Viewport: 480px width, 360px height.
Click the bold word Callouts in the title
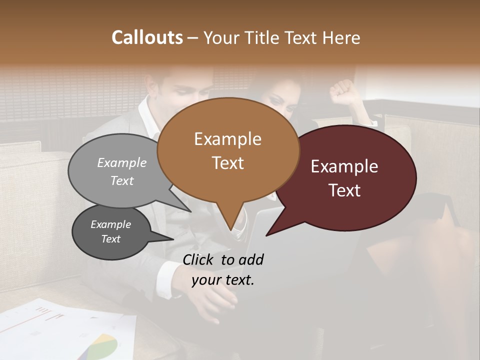(147, 37)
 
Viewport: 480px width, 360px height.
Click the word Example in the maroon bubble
(344, 166)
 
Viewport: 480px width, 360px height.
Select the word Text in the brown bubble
(228, 163)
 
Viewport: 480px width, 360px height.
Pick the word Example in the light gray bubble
(122, 162)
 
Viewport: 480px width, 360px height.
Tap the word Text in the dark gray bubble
(111, 239)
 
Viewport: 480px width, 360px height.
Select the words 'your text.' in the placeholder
(223, 279)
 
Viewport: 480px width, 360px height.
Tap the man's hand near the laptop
(215, 302)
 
